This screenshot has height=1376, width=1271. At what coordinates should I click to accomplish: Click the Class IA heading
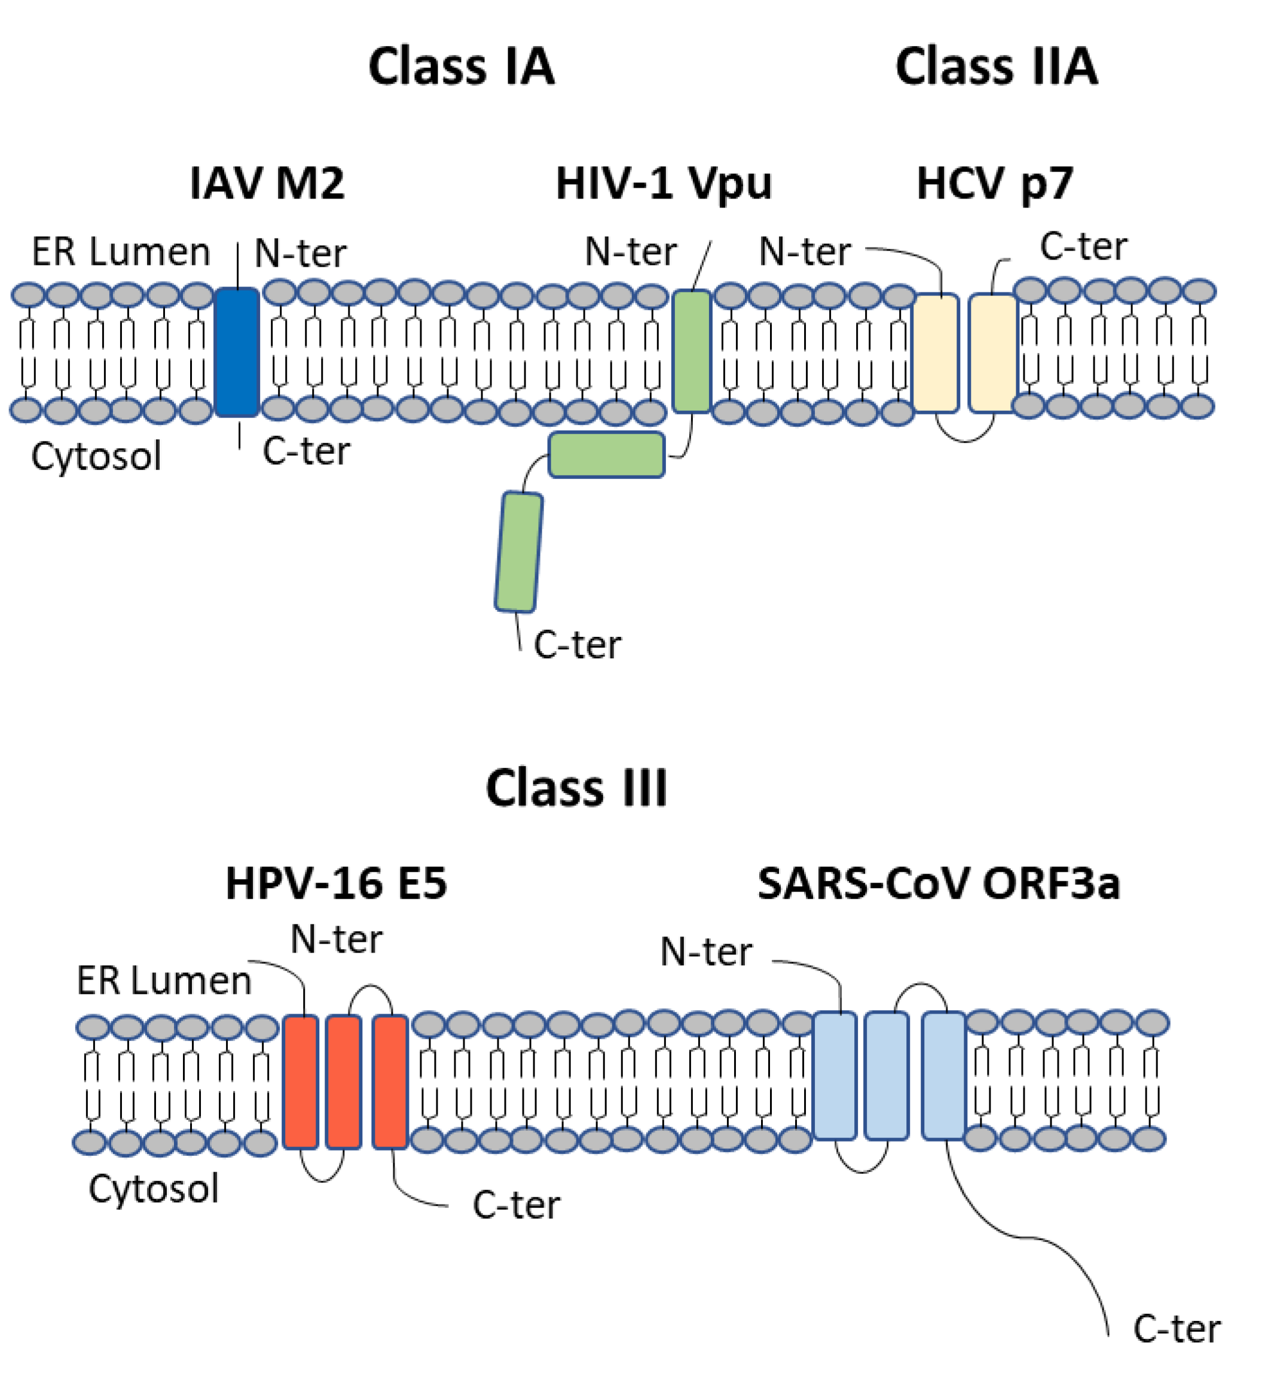pyautogui.click(x=462, y=67)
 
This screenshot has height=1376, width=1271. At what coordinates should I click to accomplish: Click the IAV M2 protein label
pyautogui.click(x=267, y=184)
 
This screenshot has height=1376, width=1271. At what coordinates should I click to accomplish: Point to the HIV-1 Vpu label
pyautogui.click(x=663, y=184)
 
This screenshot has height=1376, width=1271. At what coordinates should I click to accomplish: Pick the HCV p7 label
pyautogui.click(x=995, y=184)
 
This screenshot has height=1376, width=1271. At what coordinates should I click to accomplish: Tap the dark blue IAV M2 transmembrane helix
pyautogui.click(x=237, y=352)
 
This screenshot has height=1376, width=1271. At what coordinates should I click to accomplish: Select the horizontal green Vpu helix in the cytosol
pyautogui.click(x=606, y=454)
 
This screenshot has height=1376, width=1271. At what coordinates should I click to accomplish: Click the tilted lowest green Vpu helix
pyautogui.click(x=518, y=552)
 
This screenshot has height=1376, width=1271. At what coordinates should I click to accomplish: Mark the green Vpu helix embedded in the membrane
pyautogui.click(x=691, y=352)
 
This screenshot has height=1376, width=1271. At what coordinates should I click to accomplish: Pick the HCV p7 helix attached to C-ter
pyautogui.click(x=992, y=353)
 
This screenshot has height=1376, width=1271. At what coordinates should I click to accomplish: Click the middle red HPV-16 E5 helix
pyautogui.click(x=343, y=1082)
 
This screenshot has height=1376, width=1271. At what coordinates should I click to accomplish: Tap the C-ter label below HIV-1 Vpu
pyautogui.click(x=577, y=645)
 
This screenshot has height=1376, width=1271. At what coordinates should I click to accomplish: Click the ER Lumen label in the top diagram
pyautogui.click(x=121, y=252)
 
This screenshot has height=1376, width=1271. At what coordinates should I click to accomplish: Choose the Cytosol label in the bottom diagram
pyautogui.click(x=154, y=1188)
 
